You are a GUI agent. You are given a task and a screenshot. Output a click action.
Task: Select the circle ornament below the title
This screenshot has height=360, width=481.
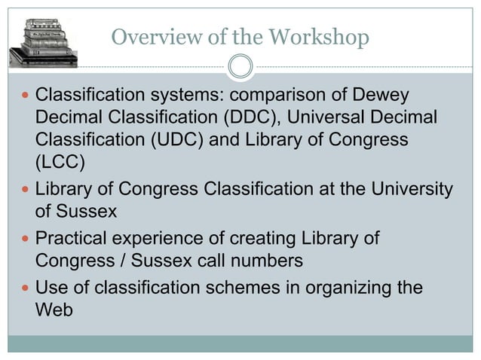coord(240,67)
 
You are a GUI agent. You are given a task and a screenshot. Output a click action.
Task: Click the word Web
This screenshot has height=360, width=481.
coord(54,309)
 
